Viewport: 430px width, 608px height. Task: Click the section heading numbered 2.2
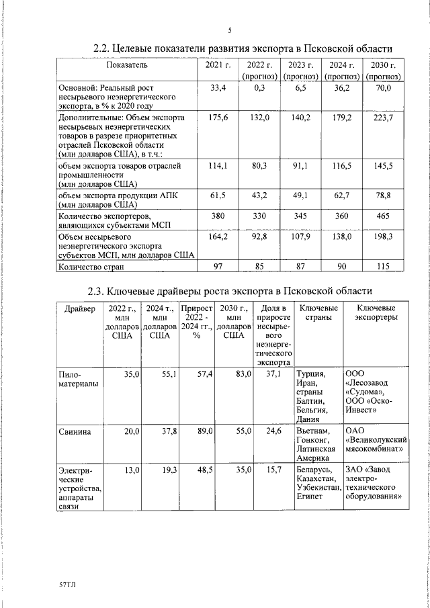click(242, 48)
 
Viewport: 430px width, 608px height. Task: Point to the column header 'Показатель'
click(126, 65)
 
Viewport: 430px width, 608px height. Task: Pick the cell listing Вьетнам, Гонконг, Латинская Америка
click(317, 444)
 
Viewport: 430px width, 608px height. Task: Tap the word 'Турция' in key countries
click(310, 374)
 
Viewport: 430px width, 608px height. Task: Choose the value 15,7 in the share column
click(273, 470)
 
